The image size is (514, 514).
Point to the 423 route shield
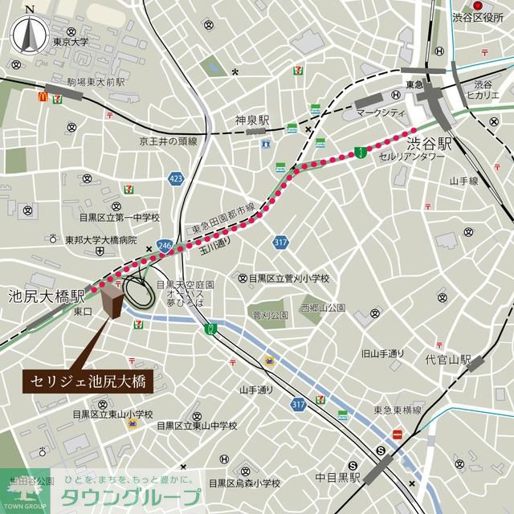pyautogui.click(x=176, y=177)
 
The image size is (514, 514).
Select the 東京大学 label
pyautogui.click(x=69, y=42)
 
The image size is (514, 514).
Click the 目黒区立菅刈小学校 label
pyautogui.click(x=289, y=278)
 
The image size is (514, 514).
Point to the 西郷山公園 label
pyautogui.click(x=323, y=308)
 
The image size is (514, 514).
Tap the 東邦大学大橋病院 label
pyautogui.click(x=101, y=239)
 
